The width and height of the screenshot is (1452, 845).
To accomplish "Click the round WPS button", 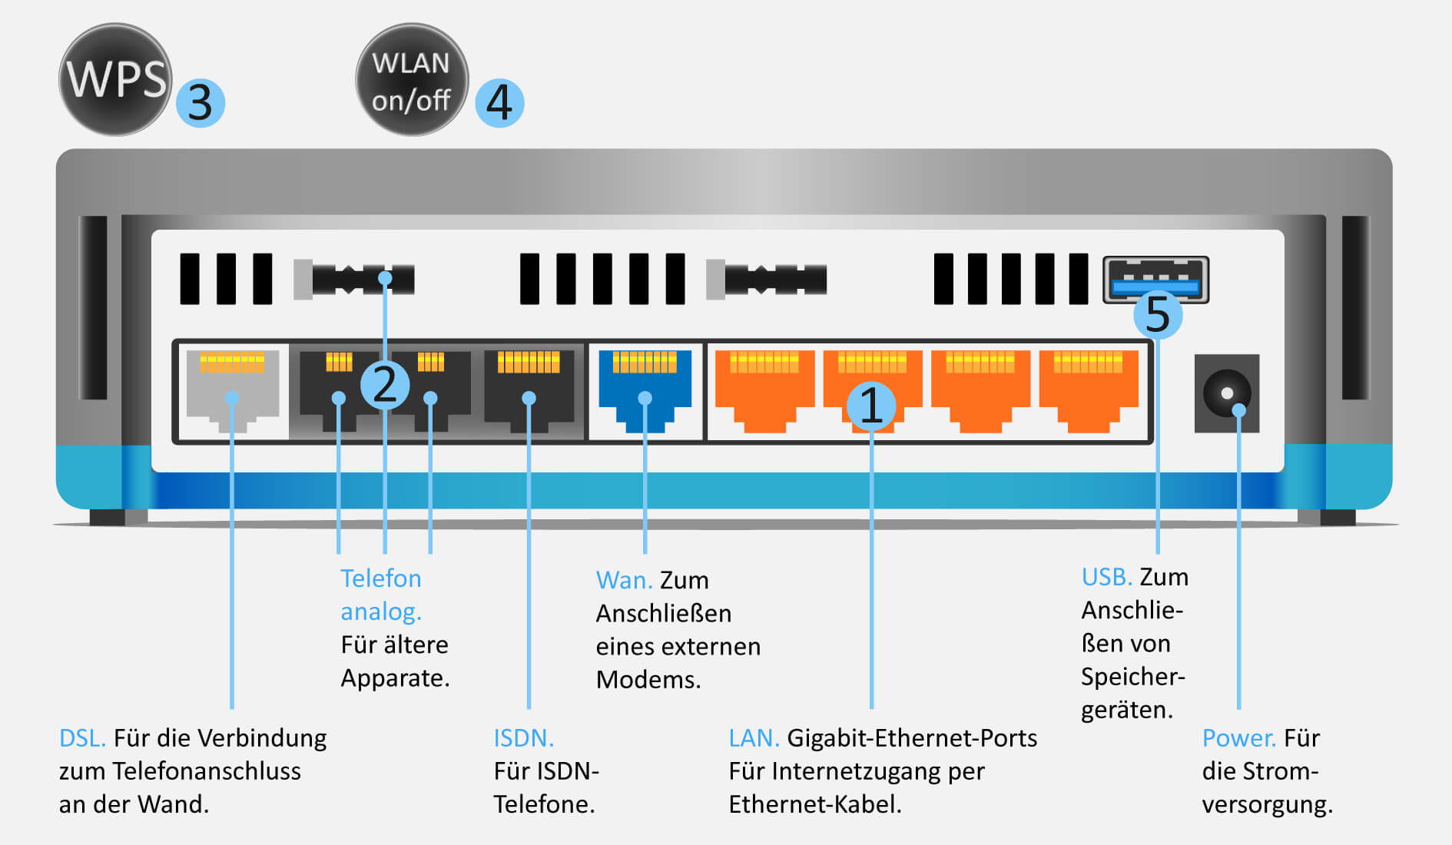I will click(x=115, y=79).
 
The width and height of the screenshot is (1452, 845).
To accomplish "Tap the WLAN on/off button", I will click(x=412, y=80).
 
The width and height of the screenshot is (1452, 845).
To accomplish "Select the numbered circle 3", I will click(x=201, y=102).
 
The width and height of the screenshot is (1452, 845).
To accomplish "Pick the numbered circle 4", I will click(x=499, y=102).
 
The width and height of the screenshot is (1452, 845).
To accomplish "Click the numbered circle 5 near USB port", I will click(x=1158, y=314).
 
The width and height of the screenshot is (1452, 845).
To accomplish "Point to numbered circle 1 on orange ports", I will click(x=871, y=405).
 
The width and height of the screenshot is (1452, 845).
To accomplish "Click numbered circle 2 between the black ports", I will click(x=384, y=384).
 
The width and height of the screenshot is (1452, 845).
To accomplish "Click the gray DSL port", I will click(x=233, y=390).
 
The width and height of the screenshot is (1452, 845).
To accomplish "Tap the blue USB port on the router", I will click(x=1155, y=280).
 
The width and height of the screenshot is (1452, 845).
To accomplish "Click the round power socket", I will click(x=1227, y=393).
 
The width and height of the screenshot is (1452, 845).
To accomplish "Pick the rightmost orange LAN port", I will click(x=1088, y=390).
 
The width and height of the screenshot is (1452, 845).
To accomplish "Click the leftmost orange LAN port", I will click(x=764, y=390).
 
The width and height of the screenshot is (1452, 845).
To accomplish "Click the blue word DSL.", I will click(x=81, y=738).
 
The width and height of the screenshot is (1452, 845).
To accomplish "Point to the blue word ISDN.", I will click(x=522, y=738).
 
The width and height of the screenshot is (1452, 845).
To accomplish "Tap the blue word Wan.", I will click(x=623, y=580).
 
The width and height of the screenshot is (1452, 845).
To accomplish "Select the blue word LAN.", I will click(x=753, y=738).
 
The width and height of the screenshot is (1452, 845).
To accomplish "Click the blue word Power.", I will click(x=1238, y=738).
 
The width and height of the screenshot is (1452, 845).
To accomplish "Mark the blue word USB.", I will click(x=1106, y=577).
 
